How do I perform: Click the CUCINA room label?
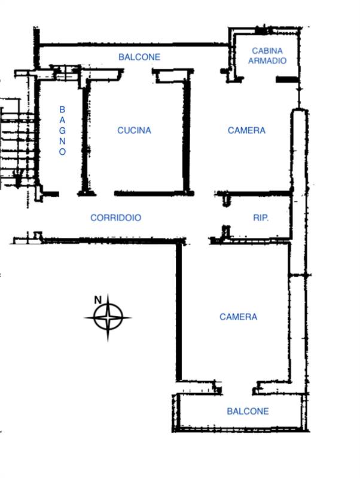pos(134,130)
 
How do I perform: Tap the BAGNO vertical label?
pos(62,130)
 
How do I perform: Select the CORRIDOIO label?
pos(116,217)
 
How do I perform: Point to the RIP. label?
pos(261,217)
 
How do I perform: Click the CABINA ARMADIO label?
pos(267,56)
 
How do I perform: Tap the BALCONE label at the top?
pos(139,57)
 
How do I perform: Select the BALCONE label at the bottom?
pos(248,411)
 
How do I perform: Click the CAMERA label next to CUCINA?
pos(246,130)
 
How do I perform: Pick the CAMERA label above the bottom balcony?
pos(238,317)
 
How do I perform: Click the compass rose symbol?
pos(108,317)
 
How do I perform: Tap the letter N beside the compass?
pos(97,301)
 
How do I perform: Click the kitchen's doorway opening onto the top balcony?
pos(138,72)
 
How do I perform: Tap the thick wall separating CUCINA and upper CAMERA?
pos(187,136)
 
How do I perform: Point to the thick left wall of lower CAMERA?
pos(179,311)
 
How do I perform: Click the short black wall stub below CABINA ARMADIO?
pos(286,79)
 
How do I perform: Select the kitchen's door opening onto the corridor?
pos(105,194)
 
